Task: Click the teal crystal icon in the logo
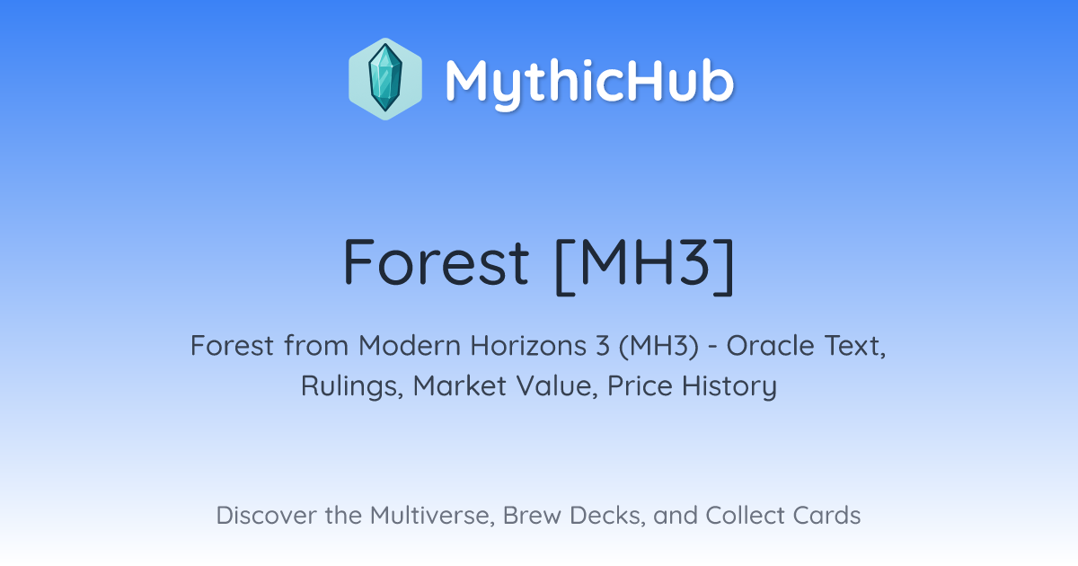coord(385,78)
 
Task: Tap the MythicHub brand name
coord(589,82)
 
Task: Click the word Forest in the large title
coord(436,262)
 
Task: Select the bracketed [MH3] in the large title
coord(645,265)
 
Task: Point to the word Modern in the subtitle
coord(410,346)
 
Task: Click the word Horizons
coord(528,346)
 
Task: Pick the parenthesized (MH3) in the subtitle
coord(658,346)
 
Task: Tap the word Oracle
coord(770,346)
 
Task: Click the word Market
coord(460,386)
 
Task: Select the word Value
coord(557,386)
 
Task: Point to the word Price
coord(640,386)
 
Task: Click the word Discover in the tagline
coord(266,516)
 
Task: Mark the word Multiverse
coord(432,516)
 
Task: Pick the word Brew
coord(531,516)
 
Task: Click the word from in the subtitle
coord(315,346)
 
